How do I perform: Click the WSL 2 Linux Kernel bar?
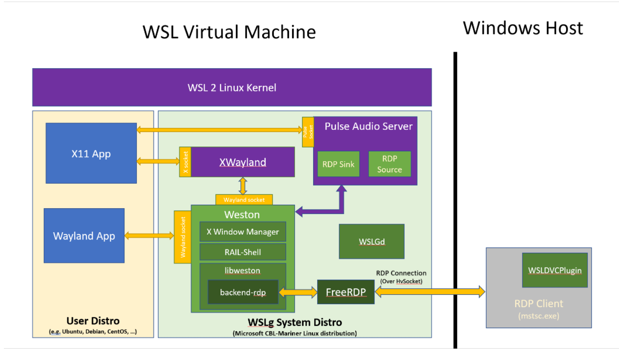click(x=232, y=87)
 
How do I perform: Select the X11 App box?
click(x=91, y=153)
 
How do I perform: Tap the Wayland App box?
click(x=84, y=236)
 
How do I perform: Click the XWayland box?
click(x=243, y=162)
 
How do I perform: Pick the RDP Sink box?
click(x=338, y=164)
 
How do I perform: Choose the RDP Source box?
click(x=390, y=164)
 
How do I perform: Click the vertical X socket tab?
click(x=185, y=162)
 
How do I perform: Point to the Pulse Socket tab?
click(x=308, y=132)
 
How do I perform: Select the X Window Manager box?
click(x=243, y=232)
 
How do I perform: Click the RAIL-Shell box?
click(x=243, y=252)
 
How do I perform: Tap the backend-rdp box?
click(x=243, y=292)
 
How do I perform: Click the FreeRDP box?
click(x=346, y=292)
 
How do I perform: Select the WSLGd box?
click(x=371, y=241)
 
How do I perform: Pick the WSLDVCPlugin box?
click(x=555, y=270)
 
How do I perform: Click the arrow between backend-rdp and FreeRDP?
click(x=298, y=292)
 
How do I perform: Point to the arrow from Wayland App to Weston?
click(x=149, y=236)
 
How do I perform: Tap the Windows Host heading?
click(x=523, y=28)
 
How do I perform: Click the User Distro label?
click(x=93, y=321)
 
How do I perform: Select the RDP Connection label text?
click(x=401, y=273)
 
